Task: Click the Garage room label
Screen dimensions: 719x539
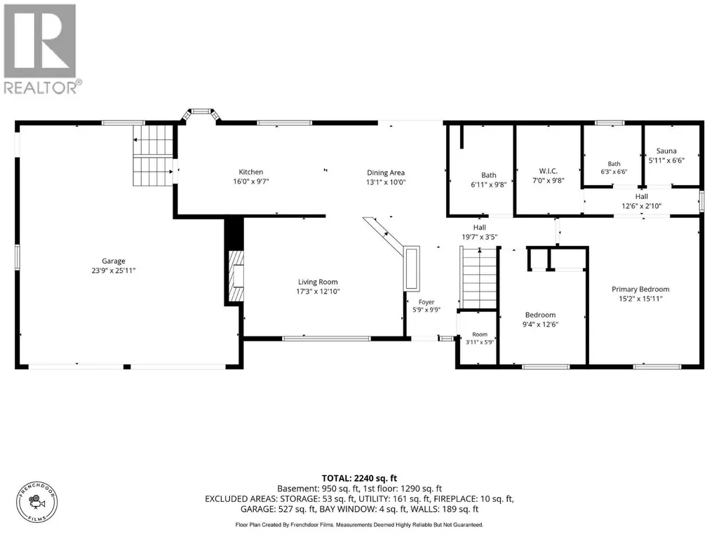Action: [113, 261]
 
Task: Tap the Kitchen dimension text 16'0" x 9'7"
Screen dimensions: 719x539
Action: [251, 181]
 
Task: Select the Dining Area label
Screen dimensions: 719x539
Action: [386, 172]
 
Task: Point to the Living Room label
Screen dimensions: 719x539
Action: [318, 282]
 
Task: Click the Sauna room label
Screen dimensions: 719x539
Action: [666, 151]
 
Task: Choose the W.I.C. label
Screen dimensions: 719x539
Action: [549, 171]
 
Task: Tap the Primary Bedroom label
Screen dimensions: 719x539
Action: [640, 289]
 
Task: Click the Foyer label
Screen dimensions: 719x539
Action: [426, 302]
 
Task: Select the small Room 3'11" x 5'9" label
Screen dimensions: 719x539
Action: [480, 339]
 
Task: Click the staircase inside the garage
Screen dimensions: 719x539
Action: [153, 155]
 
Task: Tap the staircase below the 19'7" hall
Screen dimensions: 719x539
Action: [479, 278]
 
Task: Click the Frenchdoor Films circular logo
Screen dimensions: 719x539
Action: [37, 503]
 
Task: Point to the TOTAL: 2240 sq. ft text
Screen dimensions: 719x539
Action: [359, 479]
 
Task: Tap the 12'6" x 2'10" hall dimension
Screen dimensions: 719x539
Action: [642, 206]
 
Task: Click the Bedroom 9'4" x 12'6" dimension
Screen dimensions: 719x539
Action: [541, 324]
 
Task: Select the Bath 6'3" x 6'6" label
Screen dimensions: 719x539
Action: [614, 168]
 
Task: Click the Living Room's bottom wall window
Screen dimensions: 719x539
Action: [326, 339]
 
